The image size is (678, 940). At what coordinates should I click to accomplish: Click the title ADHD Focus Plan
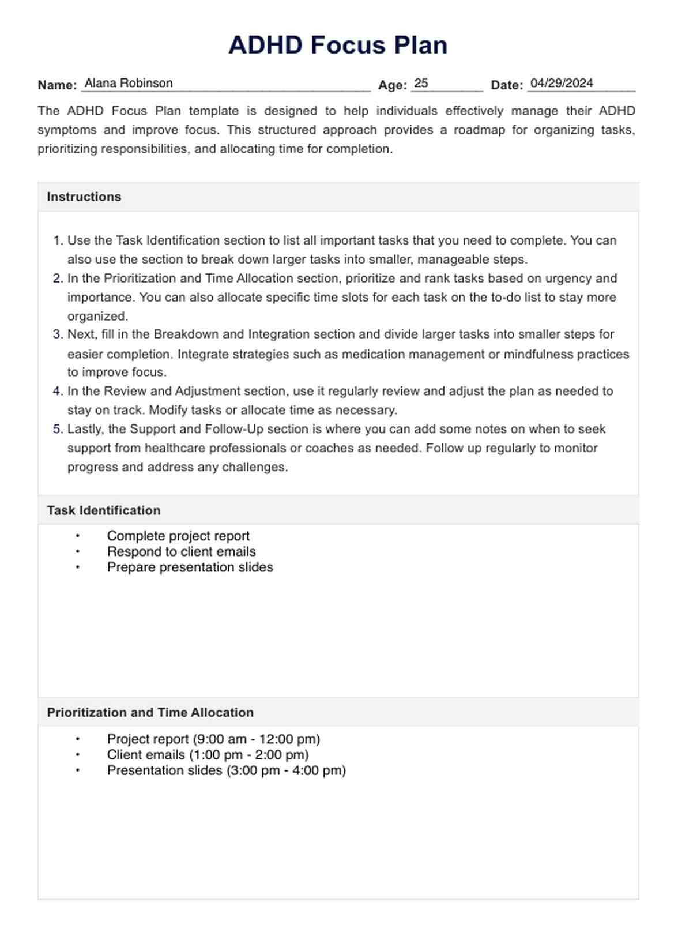click(338, 45)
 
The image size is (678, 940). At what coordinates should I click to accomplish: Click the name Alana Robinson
click(129, 83)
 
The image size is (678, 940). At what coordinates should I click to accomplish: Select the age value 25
click(421, 83)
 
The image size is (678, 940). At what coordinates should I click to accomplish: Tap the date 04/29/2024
click(562, 83)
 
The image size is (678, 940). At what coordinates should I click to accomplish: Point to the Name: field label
click(57, 85)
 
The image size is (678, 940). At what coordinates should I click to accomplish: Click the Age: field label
click(393, 85)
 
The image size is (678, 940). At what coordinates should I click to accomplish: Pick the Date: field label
click(507, 85)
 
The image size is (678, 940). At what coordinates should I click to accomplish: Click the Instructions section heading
click(84, 197)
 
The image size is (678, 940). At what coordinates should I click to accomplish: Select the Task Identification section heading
click(104, 510)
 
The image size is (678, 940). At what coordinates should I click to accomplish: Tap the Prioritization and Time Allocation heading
click(150, 712)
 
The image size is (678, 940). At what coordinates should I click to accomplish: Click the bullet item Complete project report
click(178, 536)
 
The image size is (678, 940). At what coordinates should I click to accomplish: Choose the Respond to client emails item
click(181, 551)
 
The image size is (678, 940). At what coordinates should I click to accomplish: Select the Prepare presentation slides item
click(190, 567)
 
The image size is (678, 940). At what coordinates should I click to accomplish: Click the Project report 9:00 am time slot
click(213, 739)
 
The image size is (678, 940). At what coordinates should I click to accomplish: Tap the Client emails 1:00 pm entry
click(208, 754)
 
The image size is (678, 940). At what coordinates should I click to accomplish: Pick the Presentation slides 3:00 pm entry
click(226, 770)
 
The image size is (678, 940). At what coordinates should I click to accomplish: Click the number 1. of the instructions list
click(57, 240)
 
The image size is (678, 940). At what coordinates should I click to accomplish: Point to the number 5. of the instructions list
click(57, 429)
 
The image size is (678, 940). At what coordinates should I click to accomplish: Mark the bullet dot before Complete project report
click(78, 536)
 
